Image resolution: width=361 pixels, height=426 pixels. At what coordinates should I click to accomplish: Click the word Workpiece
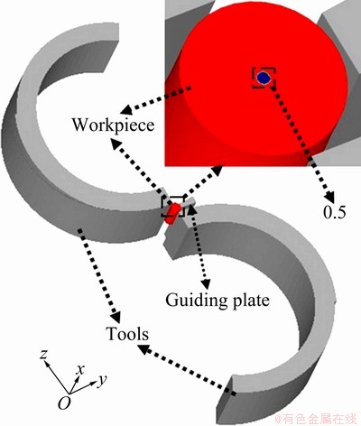113,125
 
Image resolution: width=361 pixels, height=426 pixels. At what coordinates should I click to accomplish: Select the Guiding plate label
218,300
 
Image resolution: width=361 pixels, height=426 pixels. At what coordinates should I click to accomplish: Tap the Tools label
127,334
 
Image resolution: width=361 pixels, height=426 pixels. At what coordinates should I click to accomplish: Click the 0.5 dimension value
335,212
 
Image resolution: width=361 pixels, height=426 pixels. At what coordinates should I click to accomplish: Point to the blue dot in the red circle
264,78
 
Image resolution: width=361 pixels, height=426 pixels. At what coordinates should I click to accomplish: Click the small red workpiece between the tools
172,214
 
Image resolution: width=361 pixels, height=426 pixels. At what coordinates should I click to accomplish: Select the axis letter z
44,355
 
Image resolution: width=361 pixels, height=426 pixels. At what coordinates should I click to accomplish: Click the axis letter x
80,369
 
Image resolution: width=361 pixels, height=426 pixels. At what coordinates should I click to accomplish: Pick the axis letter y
103,381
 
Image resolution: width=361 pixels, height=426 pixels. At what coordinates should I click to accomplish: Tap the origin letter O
64,403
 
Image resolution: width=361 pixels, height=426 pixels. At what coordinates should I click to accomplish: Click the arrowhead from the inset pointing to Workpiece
125,110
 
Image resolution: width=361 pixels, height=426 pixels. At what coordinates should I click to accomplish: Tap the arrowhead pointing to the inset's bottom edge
218,171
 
